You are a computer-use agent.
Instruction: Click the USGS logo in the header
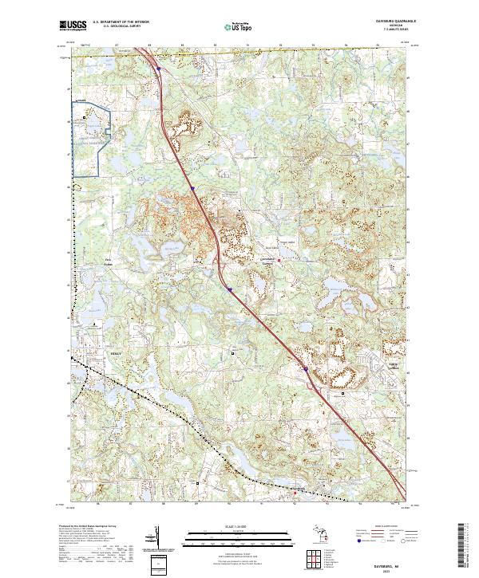point(73,26)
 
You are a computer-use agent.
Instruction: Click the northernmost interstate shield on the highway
point(158,69)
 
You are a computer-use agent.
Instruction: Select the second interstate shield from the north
point(192,190)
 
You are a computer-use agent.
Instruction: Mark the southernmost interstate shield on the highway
point(304,368)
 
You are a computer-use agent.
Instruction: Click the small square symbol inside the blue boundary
point(85,118)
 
